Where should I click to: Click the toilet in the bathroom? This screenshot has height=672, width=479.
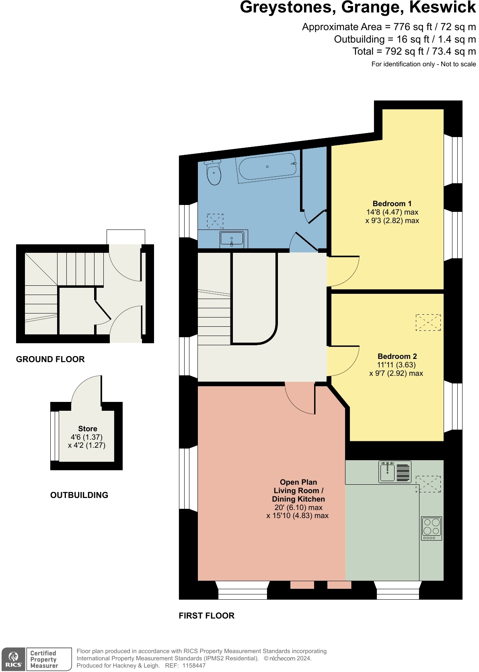click(214, 173)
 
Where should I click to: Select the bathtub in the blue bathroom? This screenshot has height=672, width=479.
click(268, 166)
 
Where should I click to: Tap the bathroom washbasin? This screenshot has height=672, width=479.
click(232, 240)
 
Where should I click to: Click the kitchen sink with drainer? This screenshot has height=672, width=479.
click(395, 472)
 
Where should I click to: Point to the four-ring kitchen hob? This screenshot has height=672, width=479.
click(432, 528)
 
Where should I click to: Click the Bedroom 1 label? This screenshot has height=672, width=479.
click(392, 204)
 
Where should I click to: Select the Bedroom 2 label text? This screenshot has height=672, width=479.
click(397, 356)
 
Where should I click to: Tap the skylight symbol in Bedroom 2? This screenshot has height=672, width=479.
click(428, 322)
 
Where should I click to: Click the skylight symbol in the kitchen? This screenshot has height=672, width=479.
click(428, 484)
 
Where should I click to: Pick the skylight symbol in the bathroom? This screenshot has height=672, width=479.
click(215, 221)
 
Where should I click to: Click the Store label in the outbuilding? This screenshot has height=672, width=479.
click(88, 429)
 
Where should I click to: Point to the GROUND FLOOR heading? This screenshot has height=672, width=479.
click(50, 359)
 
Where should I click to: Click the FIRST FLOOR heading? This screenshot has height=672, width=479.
click(206, 616)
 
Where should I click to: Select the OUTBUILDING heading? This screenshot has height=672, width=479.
click(79, 495)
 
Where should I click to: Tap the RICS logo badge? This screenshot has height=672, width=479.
click(13, 660)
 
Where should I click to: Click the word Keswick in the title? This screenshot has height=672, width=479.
click(442, 8)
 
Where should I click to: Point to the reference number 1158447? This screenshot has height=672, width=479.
click(194, 666)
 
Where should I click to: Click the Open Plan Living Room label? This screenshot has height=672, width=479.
click(298, 490)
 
